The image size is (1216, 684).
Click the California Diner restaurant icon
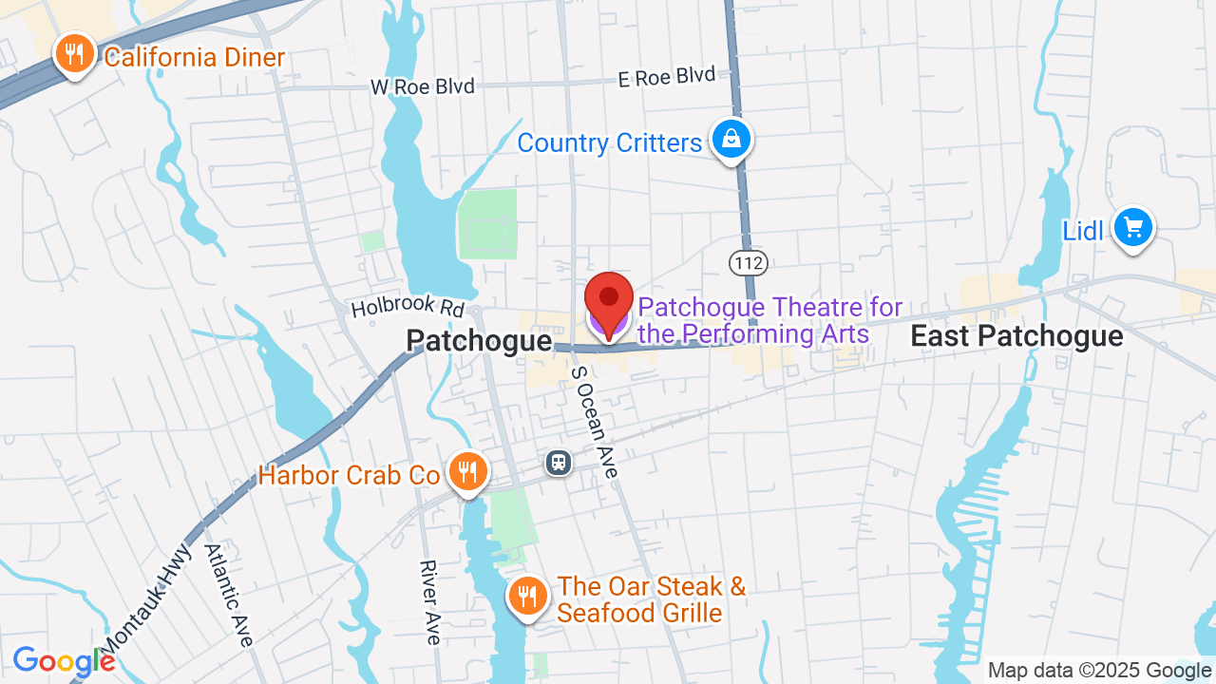click(74, 53)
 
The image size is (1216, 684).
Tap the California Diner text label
click(194, 58)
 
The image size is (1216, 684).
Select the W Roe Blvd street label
click(422, 86)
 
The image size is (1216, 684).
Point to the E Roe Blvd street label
click(666, 78)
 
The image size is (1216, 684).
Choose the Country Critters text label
click(609, 143)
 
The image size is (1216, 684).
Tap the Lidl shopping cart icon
click(1132, 228)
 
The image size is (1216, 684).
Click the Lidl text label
click(1083, 231)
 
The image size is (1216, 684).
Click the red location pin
click(609, 300)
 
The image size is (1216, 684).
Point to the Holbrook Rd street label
click(408, 307)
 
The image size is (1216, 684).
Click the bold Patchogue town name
click(479, 341)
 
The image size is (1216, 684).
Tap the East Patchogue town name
click(1016, 336)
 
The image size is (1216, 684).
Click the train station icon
click(559, 463)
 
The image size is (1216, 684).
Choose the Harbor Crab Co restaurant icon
click(466, 471)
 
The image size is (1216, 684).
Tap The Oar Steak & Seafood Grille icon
click(526, 596)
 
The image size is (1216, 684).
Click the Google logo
click(64, 661)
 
